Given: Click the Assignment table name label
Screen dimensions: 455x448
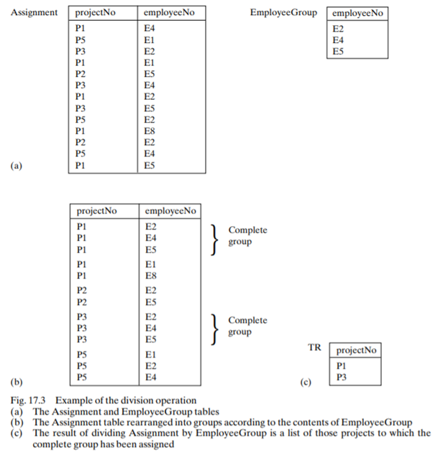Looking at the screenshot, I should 35,13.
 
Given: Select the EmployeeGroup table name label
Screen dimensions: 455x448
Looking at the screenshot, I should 283,13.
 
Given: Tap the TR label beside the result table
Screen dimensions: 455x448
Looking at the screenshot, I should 314,347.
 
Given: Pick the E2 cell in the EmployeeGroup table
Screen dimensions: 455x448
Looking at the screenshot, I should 339,29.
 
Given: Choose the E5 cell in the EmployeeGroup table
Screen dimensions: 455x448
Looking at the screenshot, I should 339,51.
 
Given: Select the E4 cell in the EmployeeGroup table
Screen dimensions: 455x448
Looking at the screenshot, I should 339,40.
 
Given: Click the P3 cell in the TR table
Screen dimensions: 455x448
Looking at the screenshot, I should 341,377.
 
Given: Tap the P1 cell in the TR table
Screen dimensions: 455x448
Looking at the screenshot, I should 341,366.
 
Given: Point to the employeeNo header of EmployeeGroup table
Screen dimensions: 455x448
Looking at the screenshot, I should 357,14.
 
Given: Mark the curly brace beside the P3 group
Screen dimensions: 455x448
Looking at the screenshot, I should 214,328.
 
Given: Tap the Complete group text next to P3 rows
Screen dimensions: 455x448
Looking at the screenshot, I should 247,327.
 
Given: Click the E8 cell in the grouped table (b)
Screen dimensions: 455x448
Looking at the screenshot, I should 151,275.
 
